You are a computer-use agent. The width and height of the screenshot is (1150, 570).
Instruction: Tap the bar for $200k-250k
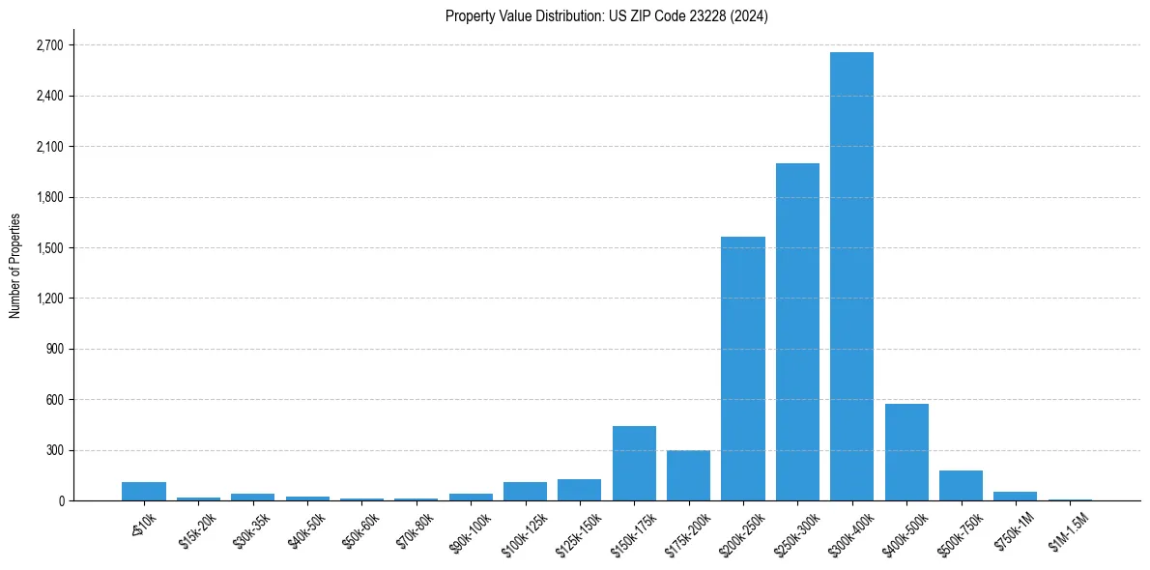point(743,368)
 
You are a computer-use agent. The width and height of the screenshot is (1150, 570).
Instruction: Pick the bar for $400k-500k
point(906,452)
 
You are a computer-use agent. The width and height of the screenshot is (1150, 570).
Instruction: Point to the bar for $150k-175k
point(634,463)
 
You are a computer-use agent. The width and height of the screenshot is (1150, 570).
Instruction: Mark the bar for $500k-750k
point(961,485)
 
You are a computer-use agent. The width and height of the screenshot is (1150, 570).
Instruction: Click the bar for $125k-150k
point(579,490)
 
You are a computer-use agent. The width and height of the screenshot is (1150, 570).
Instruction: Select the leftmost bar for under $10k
point(144,491)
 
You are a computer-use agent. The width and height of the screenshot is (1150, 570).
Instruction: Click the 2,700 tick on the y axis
point(48,45)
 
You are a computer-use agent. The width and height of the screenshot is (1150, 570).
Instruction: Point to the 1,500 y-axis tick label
point(48,248)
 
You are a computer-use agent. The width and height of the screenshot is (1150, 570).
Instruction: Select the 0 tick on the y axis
point(60,500)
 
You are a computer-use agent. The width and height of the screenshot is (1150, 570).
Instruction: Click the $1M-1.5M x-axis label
point(1069,530)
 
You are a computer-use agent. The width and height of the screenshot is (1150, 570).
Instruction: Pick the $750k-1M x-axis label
point(1015,529)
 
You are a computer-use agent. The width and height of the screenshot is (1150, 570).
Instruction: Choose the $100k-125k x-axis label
point(524,532)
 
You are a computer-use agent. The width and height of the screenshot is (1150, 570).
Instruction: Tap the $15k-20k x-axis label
point(198,529)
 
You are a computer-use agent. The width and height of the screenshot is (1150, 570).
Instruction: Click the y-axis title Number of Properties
point(14,266)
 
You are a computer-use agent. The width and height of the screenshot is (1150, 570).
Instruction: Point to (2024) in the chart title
point(750,16)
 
